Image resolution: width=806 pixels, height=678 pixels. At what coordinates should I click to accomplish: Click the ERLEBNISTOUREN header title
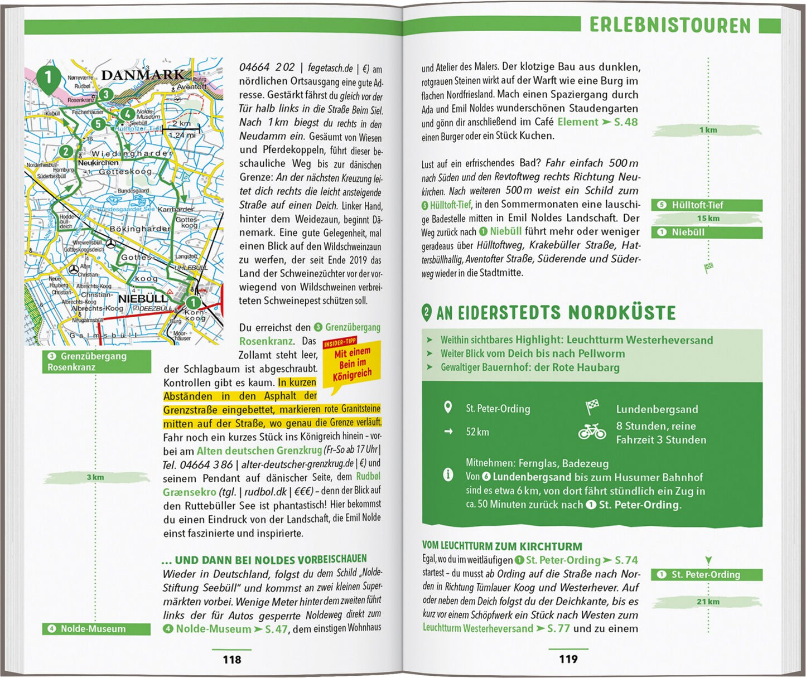tap(670, 25)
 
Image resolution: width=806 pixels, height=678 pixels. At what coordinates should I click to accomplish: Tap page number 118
tap(231, 660)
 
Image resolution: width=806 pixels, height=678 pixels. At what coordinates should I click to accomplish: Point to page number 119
tap(568, 659)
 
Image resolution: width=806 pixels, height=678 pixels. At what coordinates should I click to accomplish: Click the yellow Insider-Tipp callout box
tap(352, 364)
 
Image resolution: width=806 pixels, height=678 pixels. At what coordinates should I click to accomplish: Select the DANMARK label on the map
tap(143, 75)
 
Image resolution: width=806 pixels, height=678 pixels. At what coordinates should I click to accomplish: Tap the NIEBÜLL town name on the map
tap(142, 298)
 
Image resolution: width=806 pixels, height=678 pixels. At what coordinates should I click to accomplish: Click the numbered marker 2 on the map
tap(66, 151)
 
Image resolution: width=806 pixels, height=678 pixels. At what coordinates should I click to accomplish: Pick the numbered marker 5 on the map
tap(98, 124)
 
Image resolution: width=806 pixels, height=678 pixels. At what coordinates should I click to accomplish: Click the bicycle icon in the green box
tap(592, 432)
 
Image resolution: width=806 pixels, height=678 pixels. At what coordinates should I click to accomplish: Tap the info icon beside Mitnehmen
tap(447, 474)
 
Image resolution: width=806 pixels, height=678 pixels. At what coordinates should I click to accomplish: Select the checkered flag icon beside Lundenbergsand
tap(592, 407)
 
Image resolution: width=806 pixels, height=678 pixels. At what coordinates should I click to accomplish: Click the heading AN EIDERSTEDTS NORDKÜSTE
tap(556, 313)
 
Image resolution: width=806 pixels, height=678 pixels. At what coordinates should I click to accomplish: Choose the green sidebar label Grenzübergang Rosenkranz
tap(96, 361)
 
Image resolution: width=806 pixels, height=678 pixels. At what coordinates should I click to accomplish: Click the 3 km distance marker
tap(95, 477)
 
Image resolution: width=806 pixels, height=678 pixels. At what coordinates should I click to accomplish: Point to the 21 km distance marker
tap(708, 602)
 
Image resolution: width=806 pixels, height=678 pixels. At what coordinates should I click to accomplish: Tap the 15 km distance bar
tap(708, 219)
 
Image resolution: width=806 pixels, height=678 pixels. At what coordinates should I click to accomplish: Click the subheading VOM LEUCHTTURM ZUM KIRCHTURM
tap(502, 546)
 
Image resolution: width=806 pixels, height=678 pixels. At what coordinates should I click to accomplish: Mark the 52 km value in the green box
tap(477, 432)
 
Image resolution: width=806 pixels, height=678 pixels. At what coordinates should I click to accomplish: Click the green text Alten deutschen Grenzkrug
tap(259, 451)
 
